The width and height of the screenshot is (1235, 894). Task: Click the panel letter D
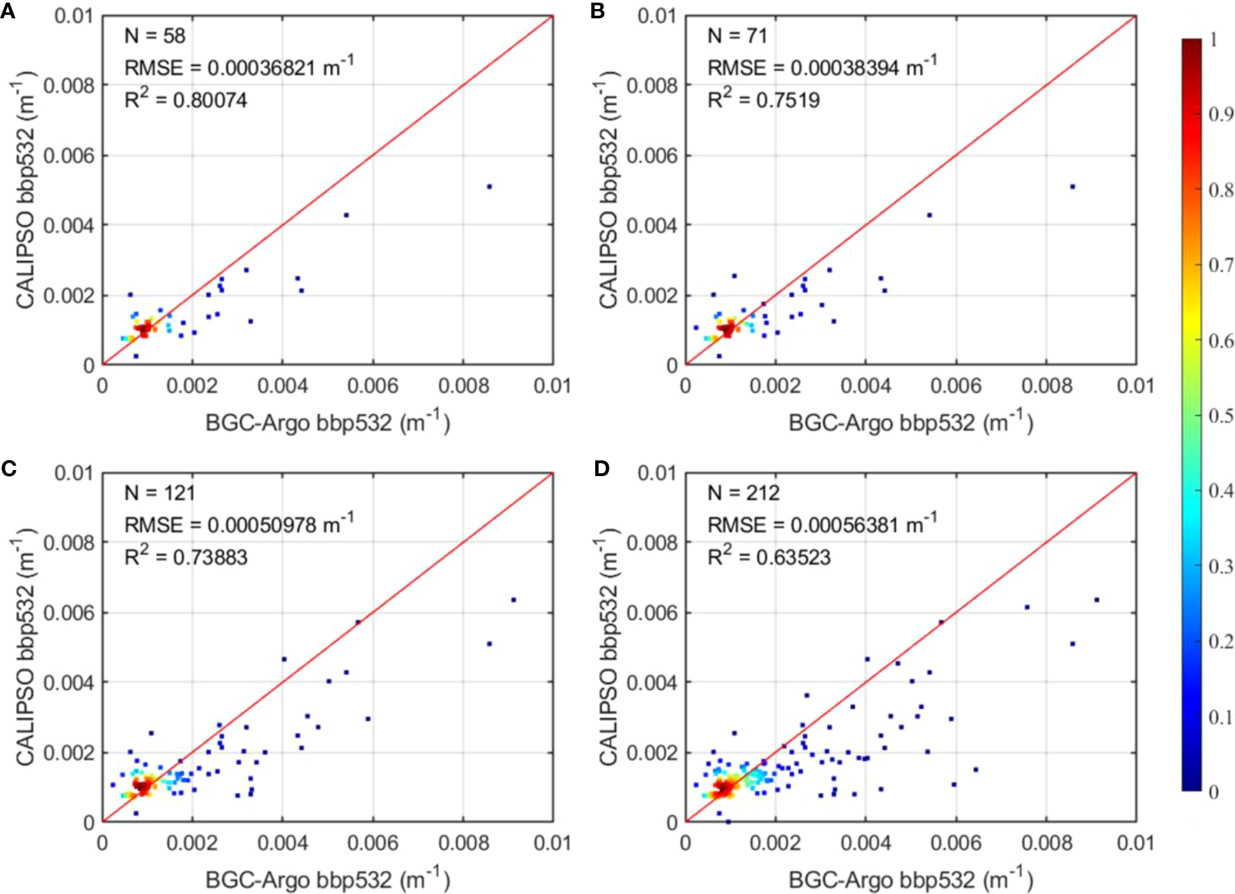click(601, 469)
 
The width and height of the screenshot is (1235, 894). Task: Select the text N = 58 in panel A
click(155, 36)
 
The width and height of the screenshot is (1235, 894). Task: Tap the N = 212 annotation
click(743, 493)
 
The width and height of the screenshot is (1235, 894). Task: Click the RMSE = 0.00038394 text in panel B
click(822, 67)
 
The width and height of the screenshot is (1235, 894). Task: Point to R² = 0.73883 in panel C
click(186, 557)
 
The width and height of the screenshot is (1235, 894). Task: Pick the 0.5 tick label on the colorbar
click(1221, 416)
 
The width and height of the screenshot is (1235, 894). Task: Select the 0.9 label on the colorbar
click(1221, 114)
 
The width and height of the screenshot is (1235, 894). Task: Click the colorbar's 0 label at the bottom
click(1214, 791)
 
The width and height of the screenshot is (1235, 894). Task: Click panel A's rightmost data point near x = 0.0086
click(489, 186)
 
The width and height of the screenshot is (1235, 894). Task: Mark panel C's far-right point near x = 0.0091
click(513, 600)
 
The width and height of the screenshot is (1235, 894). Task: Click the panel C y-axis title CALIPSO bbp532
click(26, 648)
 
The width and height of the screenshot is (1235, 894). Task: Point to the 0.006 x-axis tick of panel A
click(372, 386)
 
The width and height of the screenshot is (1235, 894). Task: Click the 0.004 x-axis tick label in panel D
click(866, 843)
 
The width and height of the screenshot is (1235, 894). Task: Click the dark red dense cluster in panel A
click(144, 330)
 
